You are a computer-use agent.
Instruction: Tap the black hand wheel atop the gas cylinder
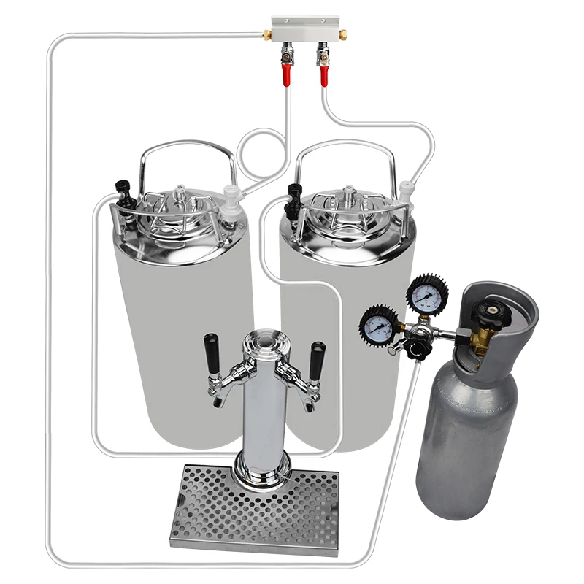pyautogui.click(x=485, y=310)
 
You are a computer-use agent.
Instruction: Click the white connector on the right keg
pyautogui.click(x=406, y=194)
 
